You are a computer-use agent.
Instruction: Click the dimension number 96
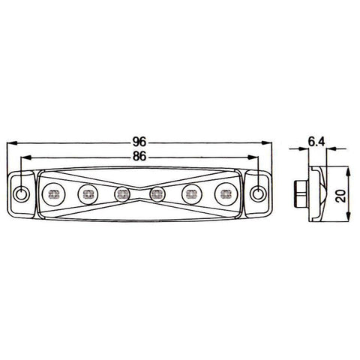pyautogui.click(x=139, y=142)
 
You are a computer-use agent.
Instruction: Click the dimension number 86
pyautogui.click(x=139, y=157)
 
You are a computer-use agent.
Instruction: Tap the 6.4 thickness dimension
pyautogui.click(x=316, y=142)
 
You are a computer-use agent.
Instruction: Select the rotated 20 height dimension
pyautogui.click(x=341, y=196)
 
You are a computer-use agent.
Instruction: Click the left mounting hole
pyautogui.click(x=22, y=193)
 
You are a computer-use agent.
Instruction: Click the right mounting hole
pyautogui.click(x=257, y=193)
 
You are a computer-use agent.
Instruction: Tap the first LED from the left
pyautogui.click(x=53, y=194)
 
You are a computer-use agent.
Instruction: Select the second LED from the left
pyautogui.click(x=88, y=194)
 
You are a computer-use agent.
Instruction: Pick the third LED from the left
pyautogui.click(x=122, y=194)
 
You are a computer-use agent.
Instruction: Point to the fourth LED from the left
pyautogui.click(x=157, y=194)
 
